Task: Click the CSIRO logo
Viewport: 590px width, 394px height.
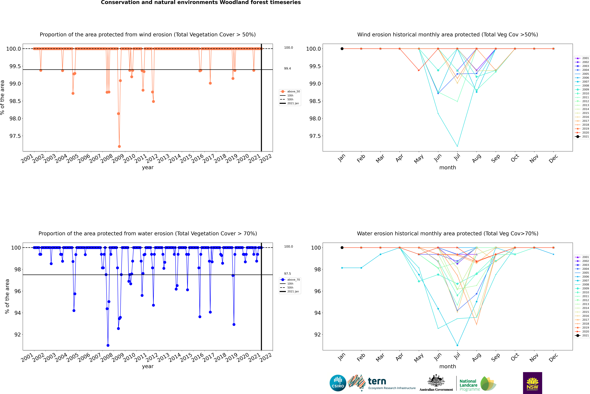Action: point(338,383)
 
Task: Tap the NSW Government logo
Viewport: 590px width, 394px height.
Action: point(532,383)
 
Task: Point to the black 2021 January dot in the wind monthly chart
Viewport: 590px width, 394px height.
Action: point(342,49)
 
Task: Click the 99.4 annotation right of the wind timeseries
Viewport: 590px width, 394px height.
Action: point(287,69)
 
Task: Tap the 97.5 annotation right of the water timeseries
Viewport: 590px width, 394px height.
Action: point(287,274)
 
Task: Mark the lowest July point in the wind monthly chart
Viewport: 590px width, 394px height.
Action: point(457,146)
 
